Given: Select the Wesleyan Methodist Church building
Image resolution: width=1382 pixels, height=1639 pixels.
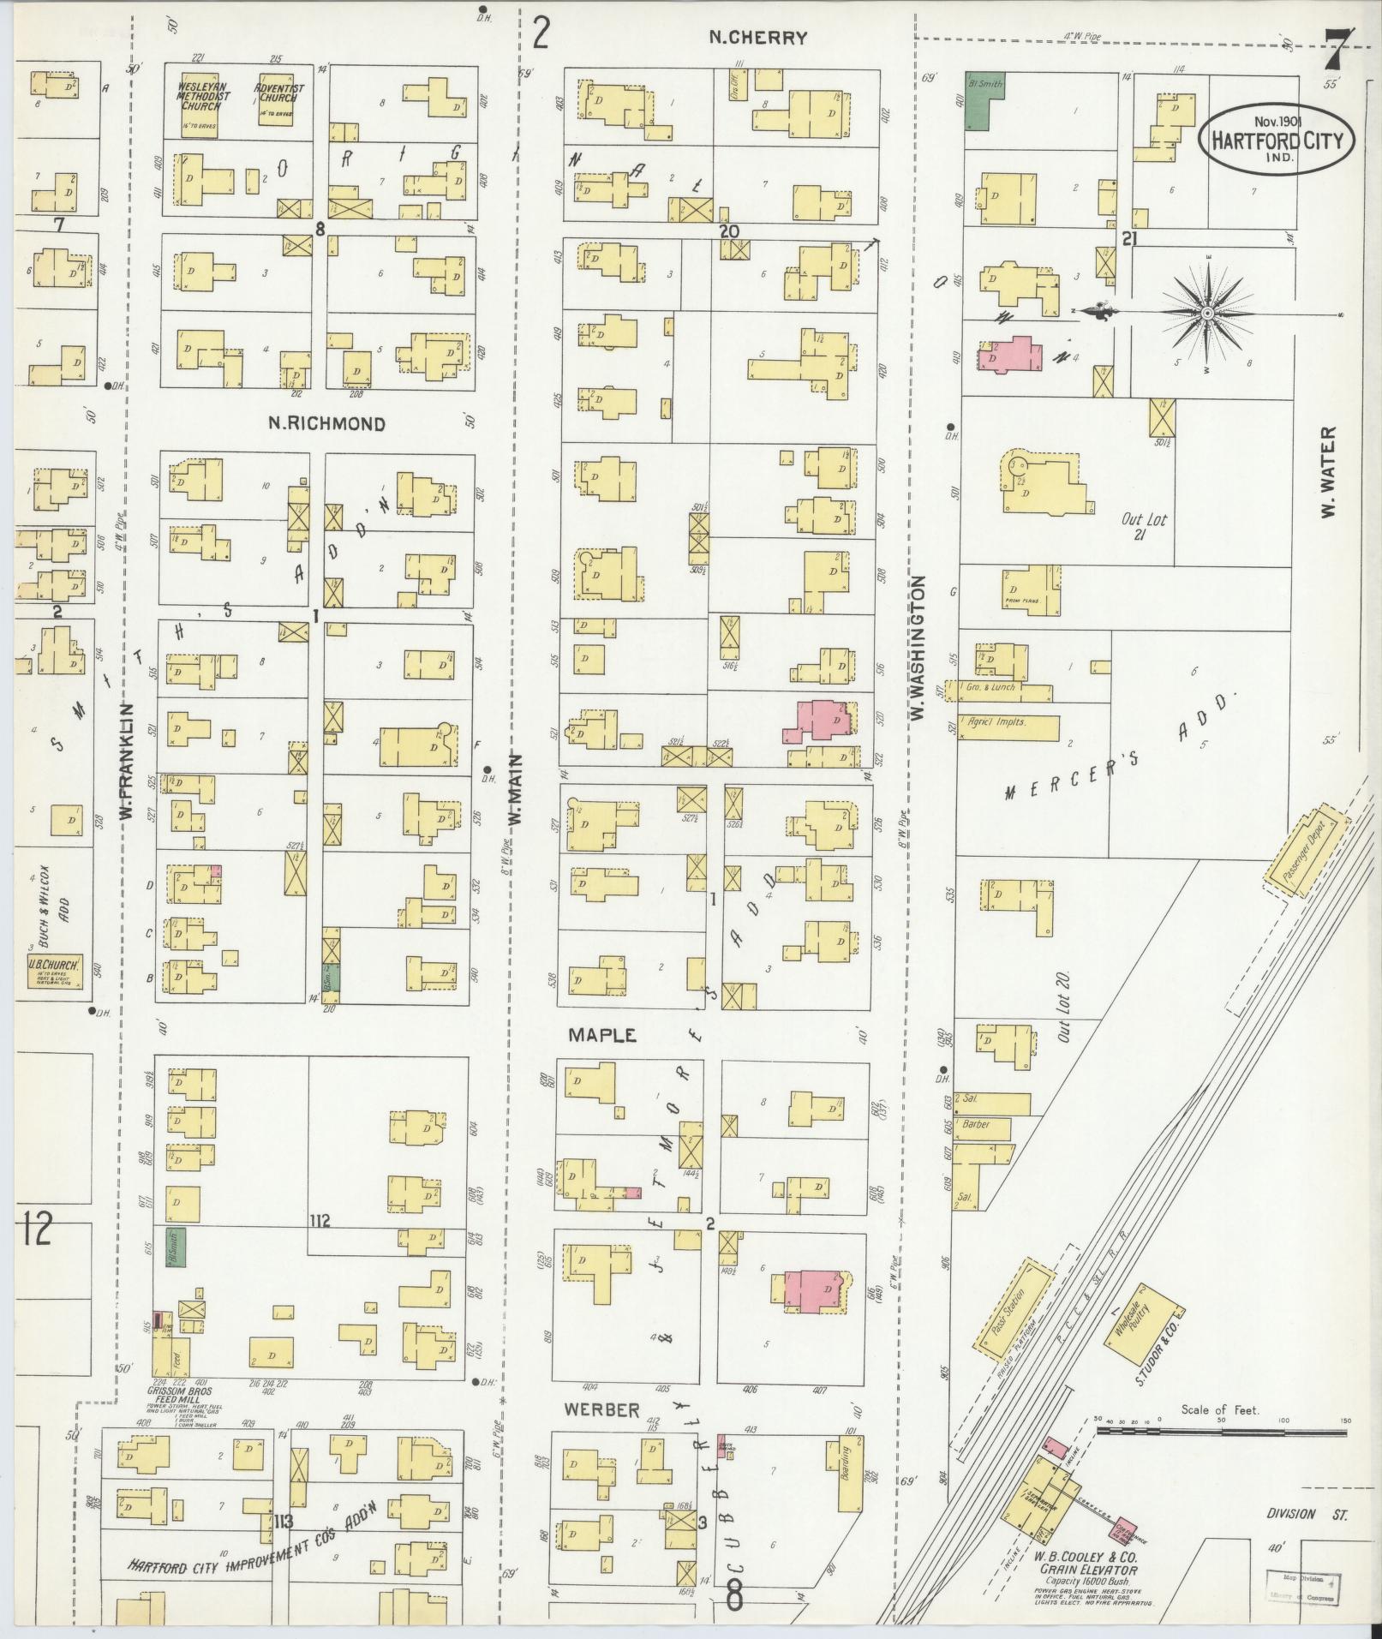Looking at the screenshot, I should coord(200,104).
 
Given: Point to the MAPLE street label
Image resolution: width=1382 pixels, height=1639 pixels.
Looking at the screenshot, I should coord(602,1035).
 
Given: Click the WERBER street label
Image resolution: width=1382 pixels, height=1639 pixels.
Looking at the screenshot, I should coord(601,1409).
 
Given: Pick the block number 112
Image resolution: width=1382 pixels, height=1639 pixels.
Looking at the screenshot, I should coord(320,1220).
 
